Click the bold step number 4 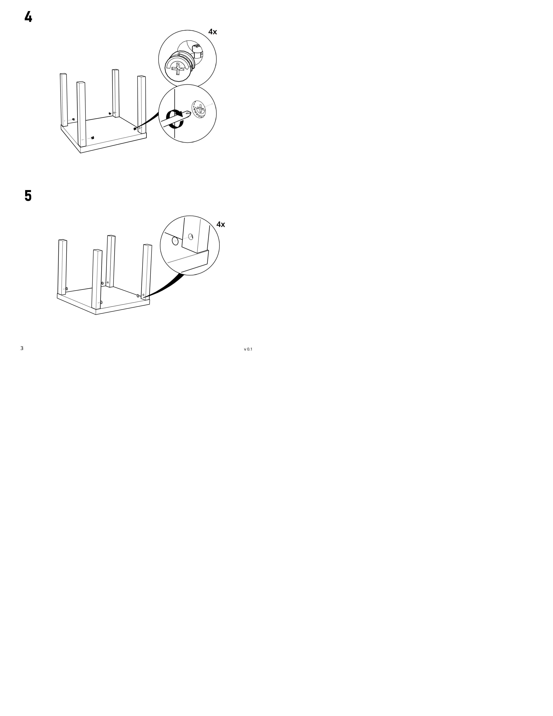click(x=28, y=17)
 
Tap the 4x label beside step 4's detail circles click(x=213, y=32)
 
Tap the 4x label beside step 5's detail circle click(x=221, y=225)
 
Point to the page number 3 click(x=22, y=348)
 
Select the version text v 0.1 click(x=248, y=349)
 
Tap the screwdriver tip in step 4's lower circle click(x=188, y=113)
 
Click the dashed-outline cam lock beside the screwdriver click(x=199, y=108)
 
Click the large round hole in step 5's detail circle click(x=175, y=241)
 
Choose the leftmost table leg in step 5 click(x=62, y=267)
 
